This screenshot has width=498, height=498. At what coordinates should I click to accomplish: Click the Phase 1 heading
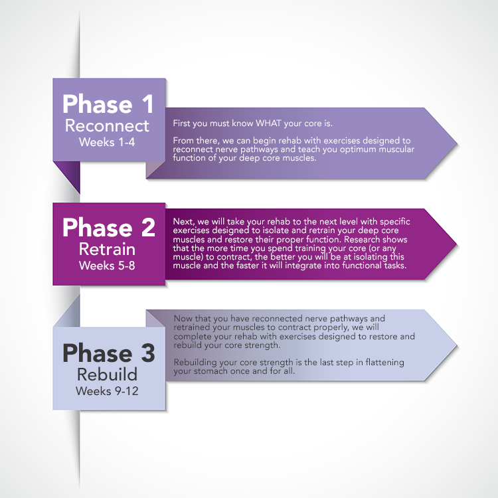[108, 104]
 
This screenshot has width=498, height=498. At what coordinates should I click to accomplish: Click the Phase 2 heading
[108, 227]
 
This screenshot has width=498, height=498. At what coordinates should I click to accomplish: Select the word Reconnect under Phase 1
[108, 126]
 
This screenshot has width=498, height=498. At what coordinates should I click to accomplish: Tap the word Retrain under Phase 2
[108, 250]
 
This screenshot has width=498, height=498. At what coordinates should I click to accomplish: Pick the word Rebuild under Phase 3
[108, 374]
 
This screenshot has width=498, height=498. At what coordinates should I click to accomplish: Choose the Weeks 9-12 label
[108, 390]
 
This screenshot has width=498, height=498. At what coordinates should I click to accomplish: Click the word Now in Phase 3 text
[183, 319]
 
